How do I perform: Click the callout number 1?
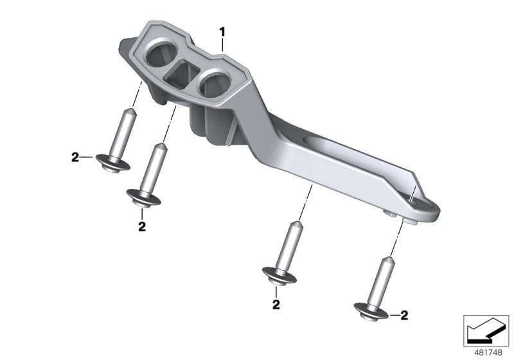click(x=222, y=31)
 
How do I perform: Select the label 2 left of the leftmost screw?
click(x=75, y=157)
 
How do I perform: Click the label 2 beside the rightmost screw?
click(x=404, y=315)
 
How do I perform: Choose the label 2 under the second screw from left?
click(x=142, y=226)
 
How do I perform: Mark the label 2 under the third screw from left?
click(x=275, y=304)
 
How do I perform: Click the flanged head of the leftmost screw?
click(x=113, y=162)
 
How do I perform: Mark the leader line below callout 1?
click(x=222, y=44)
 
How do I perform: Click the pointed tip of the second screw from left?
click(x=157, y=146)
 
